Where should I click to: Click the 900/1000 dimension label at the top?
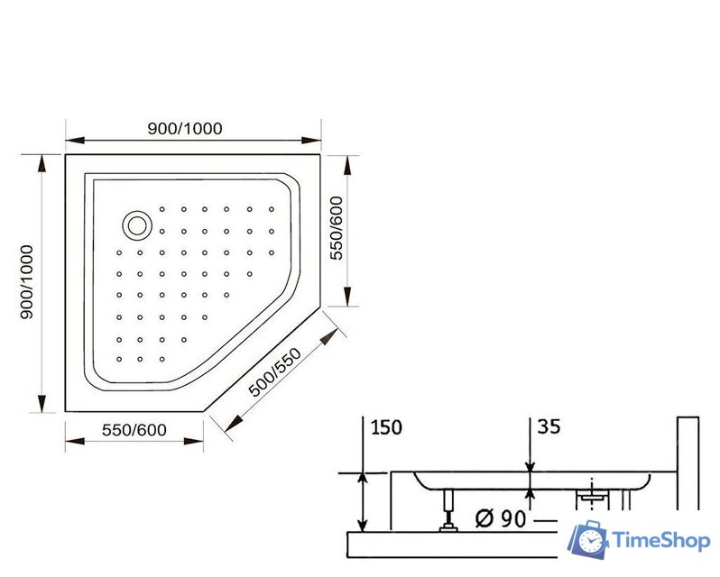click(x=184, y=128)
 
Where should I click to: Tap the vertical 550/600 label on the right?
click(x=337, y=229)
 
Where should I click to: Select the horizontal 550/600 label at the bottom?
click(x=134, y=430)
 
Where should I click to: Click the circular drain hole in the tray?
click(x=137, y=224)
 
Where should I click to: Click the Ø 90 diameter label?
click(x=501, y=519)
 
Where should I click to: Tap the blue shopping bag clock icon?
click(x=587, y=539)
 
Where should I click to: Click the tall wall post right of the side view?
click(x=688, y=460)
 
